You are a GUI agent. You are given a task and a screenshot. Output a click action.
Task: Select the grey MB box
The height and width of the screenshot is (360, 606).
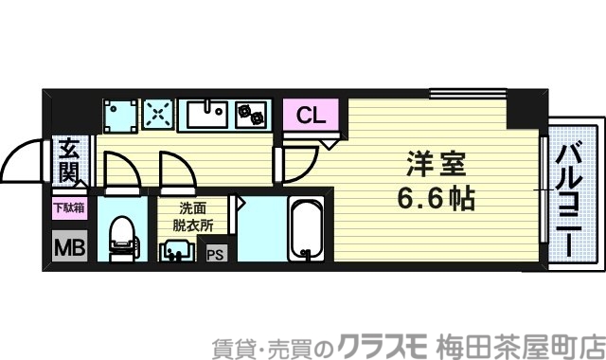[67, 248]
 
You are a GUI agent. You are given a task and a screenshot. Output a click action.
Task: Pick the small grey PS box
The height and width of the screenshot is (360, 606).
[216, 254]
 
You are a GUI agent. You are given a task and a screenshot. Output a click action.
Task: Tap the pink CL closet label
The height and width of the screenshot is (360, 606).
[310, 117]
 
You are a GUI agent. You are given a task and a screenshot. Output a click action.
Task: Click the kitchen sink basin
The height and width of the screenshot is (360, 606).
[204, 115]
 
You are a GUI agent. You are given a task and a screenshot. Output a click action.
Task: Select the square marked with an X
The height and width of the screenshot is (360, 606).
[157, 115]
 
